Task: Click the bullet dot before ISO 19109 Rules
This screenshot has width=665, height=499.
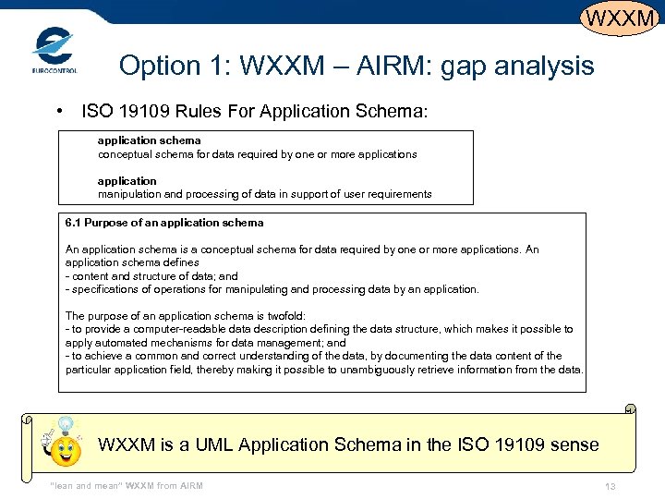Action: (x=59, y=111)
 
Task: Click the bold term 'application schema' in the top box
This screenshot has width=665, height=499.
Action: (x=149, y=140)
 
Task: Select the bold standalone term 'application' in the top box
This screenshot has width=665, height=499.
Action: (x=127, y=180)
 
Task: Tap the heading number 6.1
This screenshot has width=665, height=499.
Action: (x=73, y=223)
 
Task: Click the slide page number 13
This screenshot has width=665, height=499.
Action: (x=610, y=487)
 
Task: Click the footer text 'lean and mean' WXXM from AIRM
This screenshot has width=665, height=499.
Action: (x=126, y=486)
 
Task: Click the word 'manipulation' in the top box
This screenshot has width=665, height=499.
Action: (x=131, y=194)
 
